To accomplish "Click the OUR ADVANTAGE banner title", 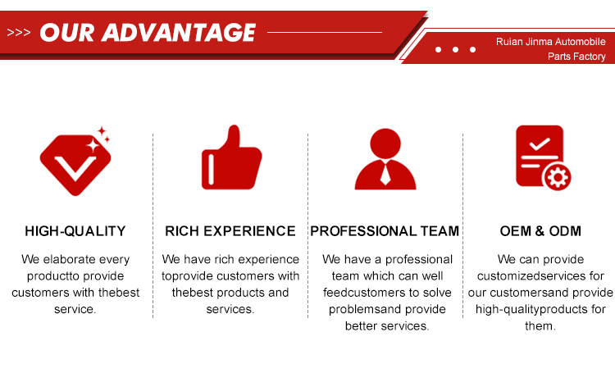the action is [x=148, y=32].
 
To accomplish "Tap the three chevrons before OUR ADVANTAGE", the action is [x=18, y=32].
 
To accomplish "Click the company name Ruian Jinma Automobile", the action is [x=550, y=42].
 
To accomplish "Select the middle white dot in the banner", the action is [x=455, y=49].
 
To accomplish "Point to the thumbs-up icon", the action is [x=231, y=157].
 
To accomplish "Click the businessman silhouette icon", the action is [x=385, y=159].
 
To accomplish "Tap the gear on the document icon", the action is [x=558, y=177].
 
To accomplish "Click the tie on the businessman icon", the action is [x=385, y=174].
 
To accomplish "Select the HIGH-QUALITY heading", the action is [x=75, y=231].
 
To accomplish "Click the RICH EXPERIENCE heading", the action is [x=230, y=231].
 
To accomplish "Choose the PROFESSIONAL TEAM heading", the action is [x=385, y=231].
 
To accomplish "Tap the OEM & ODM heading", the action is [x=540, y=231].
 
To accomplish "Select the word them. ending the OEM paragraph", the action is [x=540, y=326].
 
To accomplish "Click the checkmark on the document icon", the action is [x=540, y=144].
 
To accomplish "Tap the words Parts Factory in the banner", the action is [x=576, y=57].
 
